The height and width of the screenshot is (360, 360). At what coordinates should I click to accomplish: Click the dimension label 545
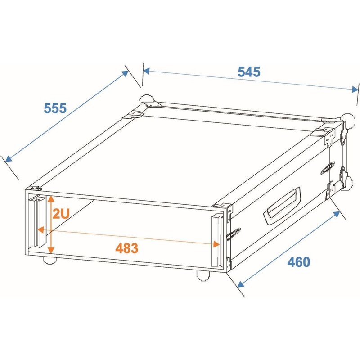point(249,72)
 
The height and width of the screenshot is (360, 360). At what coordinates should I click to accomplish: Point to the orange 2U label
point(61,214)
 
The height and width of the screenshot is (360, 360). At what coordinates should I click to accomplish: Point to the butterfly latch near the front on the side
point(233,233)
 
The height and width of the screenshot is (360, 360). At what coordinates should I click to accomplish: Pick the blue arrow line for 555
point(67,116)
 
